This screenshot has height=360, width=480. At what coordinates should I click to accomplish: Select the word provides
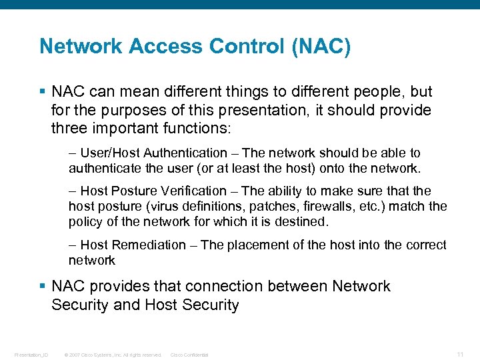click(121, 286)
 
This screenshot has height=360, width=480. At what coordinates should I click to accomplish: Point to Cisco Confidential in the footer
click(189, 355)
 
